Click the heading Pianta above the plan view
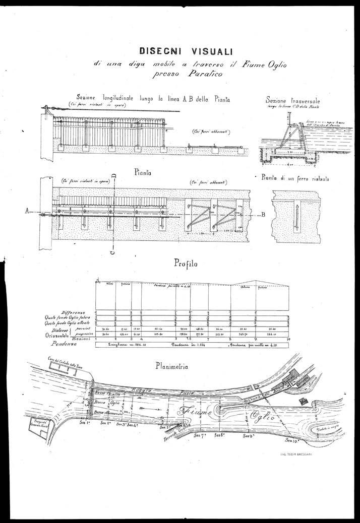[144, 172]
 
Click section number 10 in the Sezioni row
[289, 339]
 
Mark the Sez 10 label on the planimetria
[292, 440]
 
